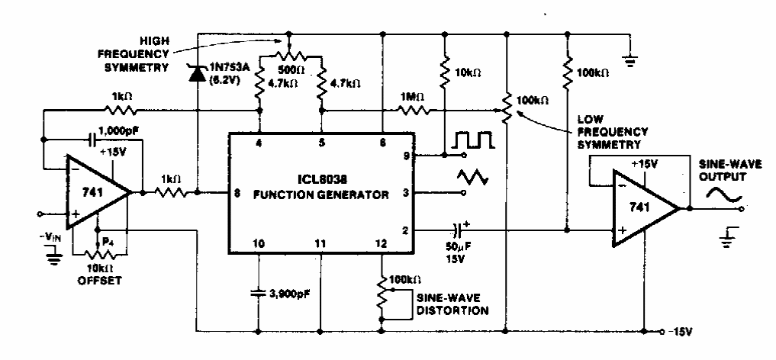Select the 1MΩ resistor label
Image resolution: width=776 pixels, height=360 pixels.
(409, 97)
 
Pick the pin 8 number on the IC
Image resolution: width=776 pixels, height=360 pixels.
(238, 194)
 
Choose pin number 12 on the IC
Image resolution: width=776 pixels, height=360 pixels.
(380, 245)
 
